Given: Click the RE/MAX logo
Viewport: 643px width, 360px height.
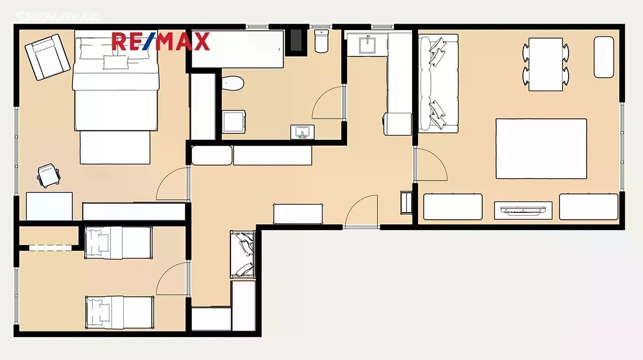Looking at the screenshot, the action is tap(161, 41).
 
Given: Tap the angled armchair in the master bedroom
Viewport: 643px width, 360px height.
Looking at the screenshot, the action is tap(47, 57).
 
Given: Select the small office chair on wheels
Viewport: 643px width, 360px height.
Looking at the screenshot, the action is tap(49, 176).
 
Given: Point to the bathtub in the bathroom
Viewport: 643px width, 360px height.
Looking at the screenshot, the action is tap(237, 49).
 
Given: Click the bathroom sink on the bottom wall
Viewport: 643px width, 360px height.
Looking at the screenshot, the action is tap(302, 132).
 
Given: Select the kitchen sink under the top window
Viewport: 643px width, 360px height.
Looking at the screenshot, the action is tap(367, 44).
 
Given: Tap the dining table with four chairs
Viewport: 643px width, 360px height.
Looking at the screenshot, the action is tap(545, 64).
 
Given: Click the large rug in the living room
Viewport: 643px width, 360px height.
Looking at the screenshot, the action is tap(541, 149).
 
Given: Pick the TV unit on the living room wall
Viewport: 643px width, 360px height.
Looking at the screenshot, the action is tap(523, 211).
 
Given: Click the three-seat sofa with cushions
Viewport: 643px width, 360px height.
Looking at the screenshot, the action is tap(438, 84).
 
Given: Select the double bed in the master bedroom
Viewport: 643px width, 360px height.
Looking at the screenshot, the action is tap(115, 97).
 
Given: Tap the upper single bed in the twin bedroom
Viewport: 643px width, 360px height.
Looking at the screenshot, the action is tap(118, 243).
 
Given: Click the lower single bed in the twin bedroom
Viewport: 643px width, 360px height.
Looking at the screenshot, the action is tap(119, 312).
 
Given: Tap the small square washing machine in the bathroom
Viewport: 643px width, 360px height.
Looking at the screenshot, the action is tap(234, 122).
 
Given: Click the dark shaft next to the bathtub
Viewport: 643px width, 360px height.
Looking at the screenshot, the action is tap(296, 41).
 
